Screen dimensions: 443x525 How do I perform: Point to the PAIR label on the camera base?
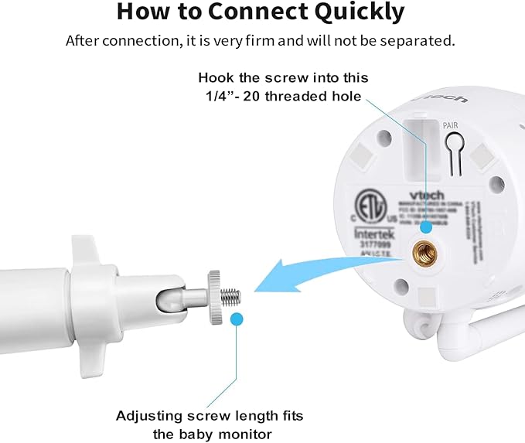[x=452, y=124]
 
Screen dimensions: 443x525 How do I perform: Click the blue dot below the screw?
[x=237, y=318]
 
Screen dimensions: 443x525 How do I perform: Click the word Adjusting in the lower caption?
[x=148, y=416]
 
